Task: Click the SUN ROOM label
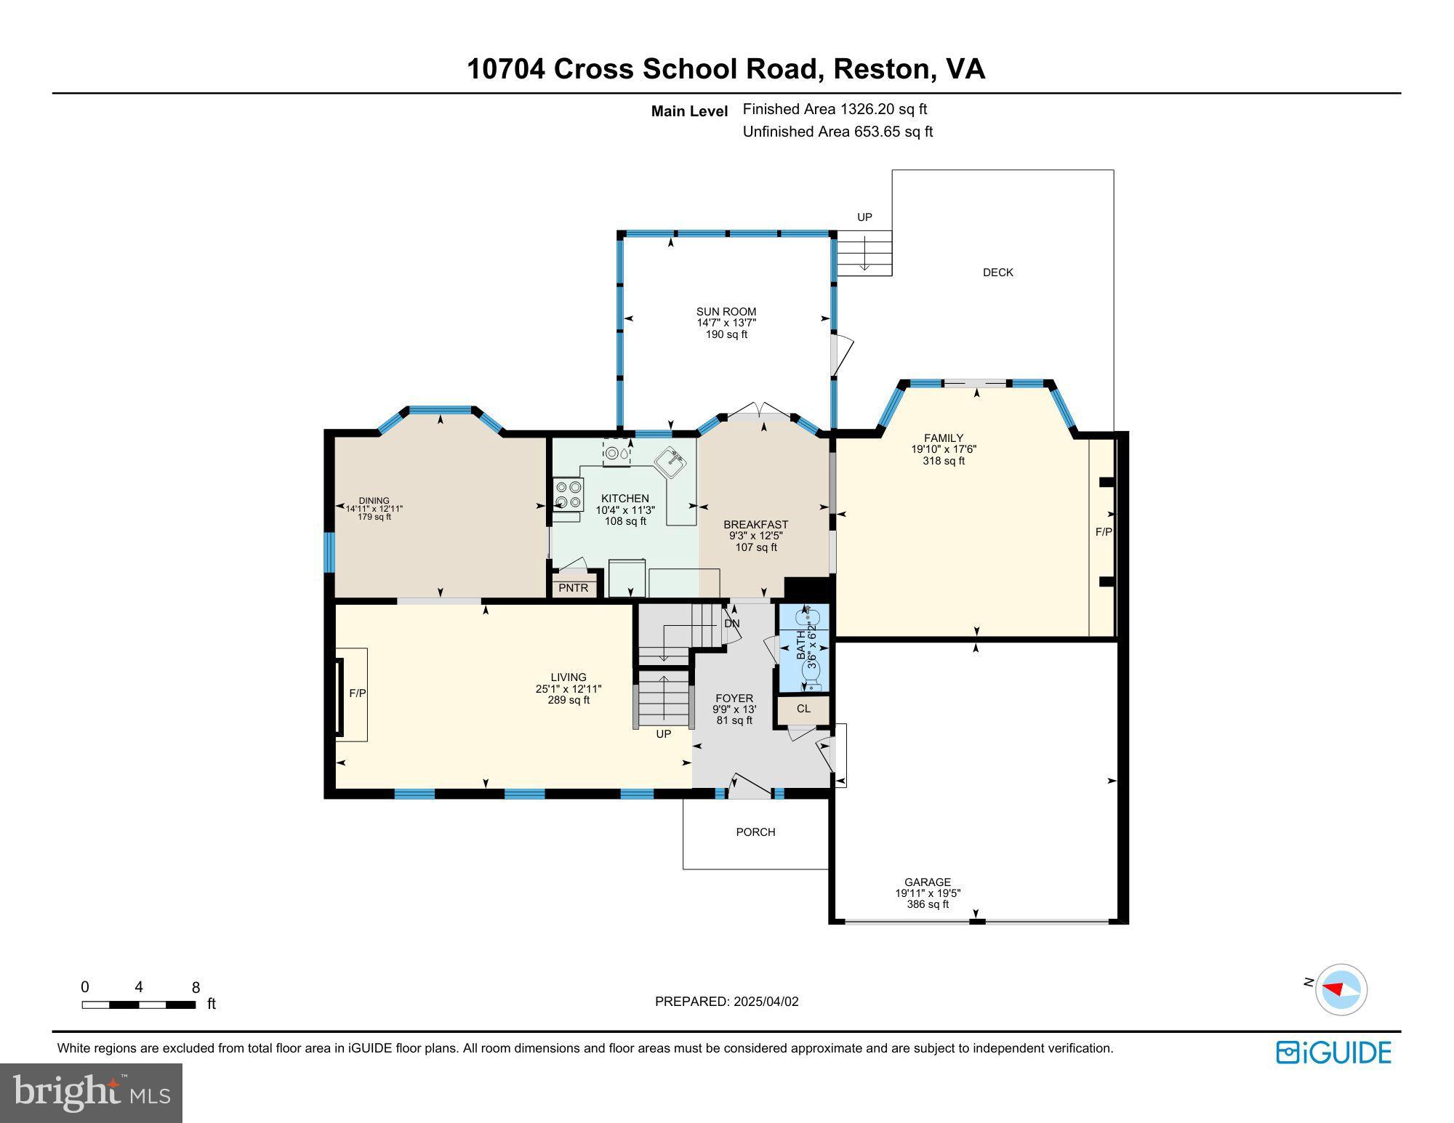click(726, 312)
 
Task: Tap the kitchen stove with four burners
click(568, 494)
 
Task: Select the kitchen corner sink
click(670, 463)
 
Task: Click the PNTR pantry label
click(574, 587)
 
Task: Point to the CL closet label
click(803, 709)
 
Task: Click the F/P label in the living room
click(358, 693)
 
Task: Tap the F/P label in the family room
click(1103, 532)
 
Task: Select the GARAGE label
click(928, 882)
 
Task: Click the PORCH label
click(755, 832)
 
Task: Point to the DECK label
click(997, 273)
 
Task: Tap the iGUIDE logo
click(1334, 1052)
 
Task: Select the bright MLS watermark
click(91, 1092)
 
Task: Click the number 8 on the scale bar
click(196, 988)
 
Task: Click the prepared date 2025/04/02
click(766, 1002)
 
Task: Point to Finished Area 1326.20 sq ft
click(835, 109)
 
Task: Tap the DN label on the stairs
click(731, 624)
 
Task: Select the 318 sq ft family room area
click(944, 461)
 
